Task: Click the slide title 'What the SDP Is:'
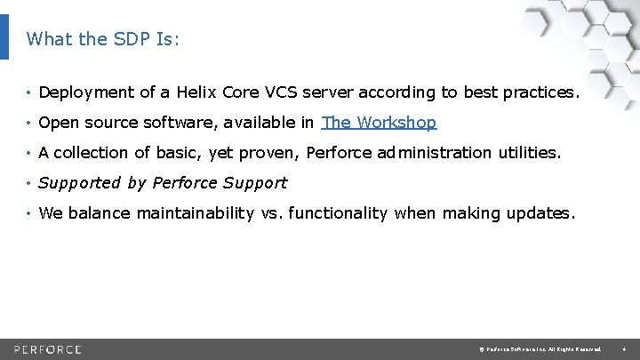tap(103, 39)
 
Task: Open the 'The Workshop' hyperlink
tap(379, 123)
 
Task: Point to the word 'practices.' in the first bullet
tap(541, 92)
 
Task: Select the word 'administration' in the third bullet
tap(433, 153)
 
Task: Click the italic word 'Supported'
tap(79, 183)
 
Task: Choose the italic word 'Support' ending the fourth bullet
tap(257, 183)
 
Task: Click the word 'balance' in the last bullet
tap(100, 213)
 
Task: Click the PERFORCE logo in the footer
tap(48, 348)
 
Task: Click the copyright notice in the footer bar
tap(539, 348)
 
